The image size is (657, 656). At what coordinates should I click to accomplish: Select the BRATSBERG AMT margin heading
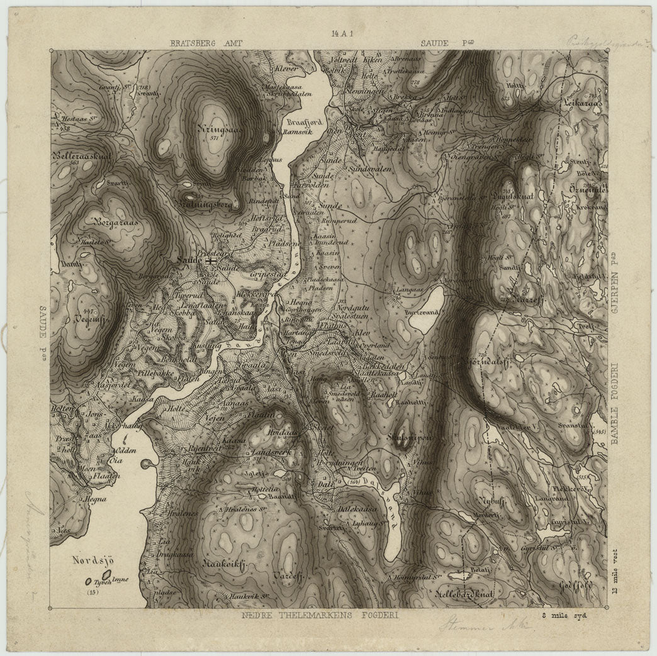click(205, 43)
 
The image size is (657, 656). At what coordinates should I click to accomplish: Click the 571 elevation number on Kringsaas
click(215, 138)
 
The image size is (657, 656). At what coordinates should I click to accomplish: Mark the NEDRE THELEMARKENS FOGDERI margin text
click(320, 615)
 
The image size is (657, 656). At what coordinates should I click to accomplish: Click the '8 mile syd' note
click(564, 615)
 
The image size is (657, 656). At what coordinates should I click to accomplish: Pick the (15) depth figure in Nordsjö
click(94, 591)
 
